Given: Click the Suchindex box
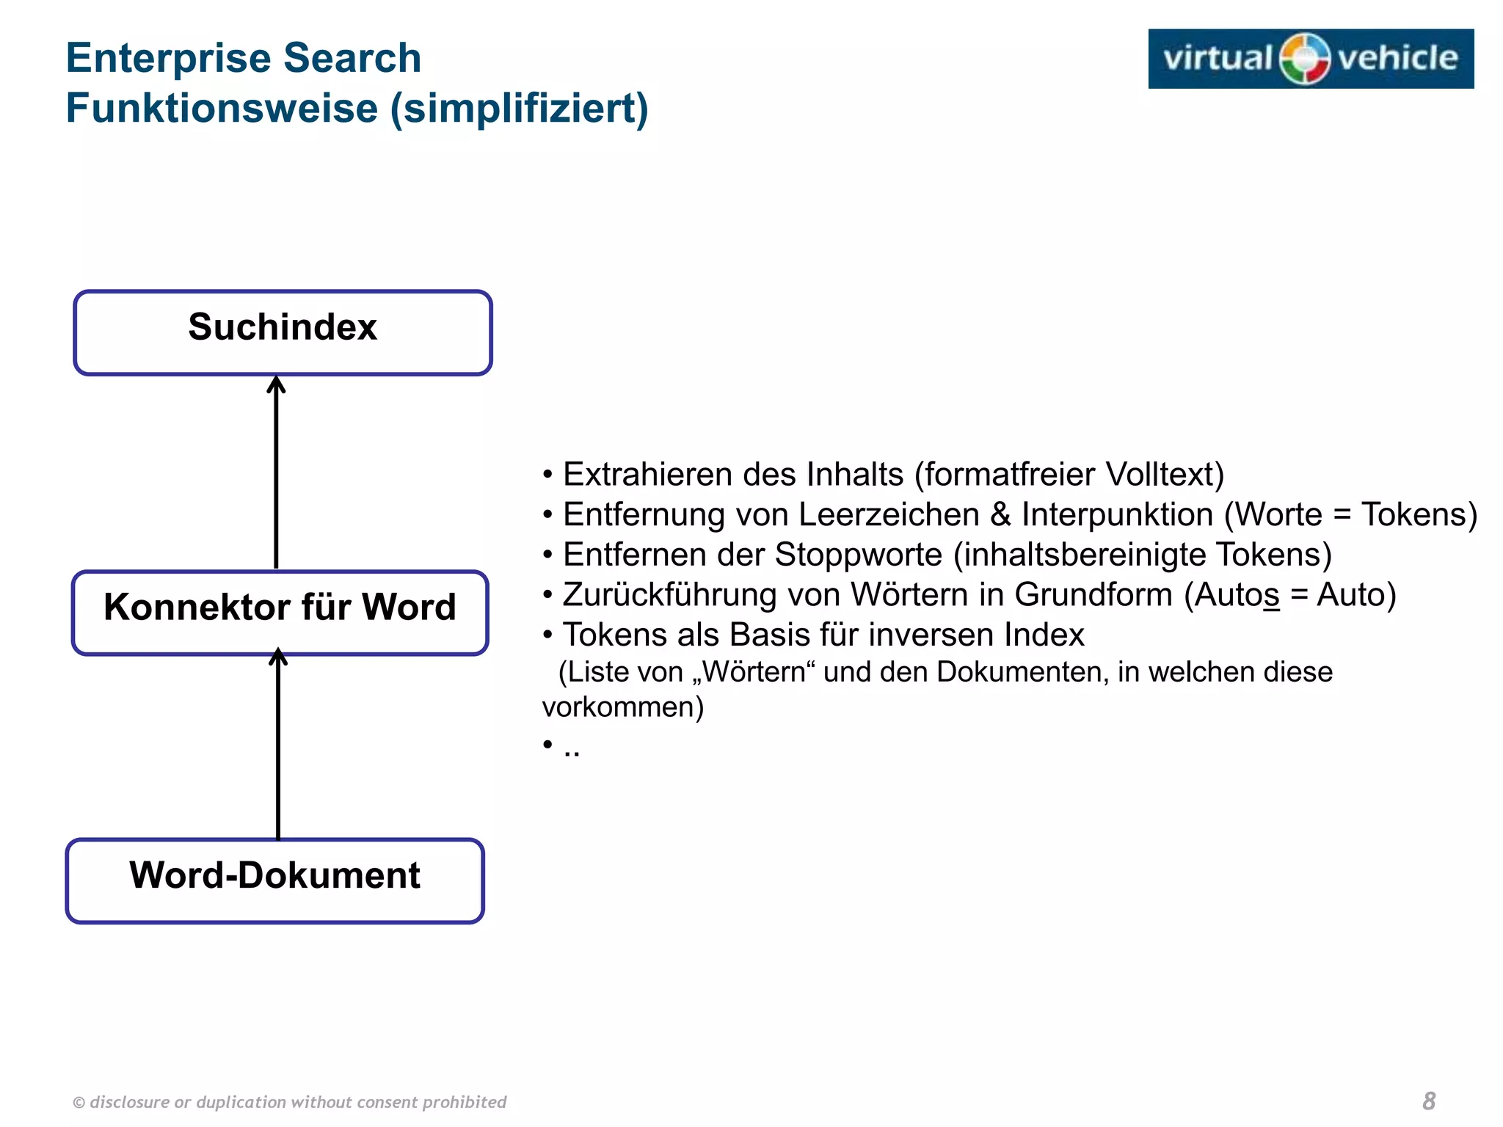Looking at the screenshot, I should coord(283,332).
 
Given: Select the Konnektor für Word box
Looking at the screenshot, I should coord(280,612).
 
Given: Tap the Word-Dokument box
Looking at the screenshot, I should coord(274,880).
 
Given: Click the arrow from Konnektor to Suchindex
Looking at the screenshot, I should coord(276,473).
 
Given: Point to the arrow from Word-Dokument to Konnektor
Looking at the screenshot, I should coord(278,745).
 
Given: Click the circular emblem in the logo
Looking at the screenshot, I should coord(1304,59).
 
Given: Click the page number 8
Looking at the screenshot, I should coord(1428,1101).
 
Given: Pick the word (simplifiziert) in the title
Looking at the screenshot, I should coord(519,109).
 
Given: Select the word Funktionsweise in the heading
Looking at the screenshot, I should coord(222,109).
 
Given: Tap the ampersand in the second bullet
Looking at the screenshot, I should coord(1000,514).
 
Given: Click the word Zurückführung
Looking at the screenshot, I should coord(669,595).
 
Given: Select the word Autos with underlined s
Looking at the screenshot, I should coord(1237,595).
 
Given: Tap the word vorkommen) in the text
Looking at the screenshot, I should coord(622,707).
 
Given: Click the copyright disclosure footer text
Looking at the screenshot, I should coord(290,1102).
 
